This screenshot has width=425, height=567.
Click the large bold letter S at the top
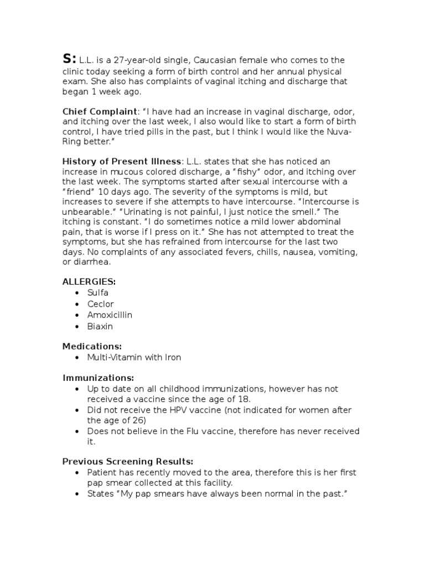tap(69, 59)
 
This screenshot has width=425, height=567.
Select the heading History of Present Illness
tap(121, 161)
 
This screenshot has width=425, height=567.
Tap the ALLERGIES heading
tap(89, 281)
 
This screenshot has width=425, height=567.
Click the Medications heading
tap(91, 346)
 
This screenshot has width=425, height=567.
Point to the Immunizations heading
tap(98, 378)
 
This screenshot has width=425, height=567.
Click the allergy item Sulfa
tap(98, 292)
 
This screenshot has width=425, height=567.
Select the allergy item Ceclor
tap(101, 304)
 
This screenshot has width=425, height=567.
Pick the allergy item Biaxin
tap(100, 326)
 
